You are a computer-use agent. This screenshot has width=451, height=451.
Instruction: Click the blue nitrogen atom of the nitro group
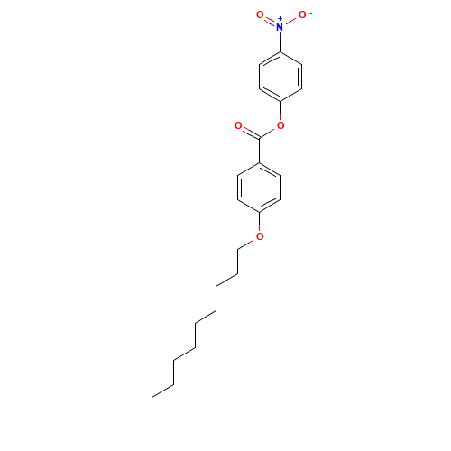(x=280, y=27)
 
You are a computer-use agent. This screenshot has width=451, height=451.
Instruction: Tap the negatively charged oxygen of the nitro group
(x=302, y=14)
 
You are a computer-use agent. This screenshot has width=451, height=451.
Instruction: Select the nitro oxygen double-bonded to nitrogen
(x=260, y=14)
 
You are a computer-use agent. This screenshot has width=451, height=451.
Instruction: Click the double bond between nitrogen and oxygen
(x=270, y=21)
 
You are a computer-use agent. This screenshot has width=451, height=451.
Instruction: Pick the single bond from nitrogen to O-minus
(x=290, y=21)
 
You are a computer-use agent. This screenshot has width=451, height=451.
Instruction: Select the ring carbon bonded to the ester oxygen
(x=280, y=101)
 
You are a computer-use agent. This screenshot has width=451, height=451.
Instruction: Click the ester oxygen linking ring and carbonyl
(x=280, y=125)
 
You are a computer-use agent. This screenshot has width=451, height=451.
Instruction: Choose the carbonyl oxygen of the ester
(x=238, y=125)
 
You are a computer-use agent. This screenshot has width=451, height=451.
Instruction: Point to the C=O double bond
(x=249, y=132)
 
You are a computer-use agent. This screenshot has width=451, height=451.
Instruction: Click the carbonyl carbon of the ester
(x=260, y=138)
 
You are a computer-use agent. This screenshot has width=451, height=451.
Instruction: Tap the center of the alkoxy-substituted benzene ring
(x=260, y=188)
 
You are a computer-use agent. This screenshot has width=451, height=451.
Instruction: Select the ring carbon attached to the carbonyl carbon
(x=260, y=162)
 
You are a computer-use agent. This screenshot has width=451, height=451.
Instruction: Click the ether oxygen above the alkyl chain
(x=260, y=236)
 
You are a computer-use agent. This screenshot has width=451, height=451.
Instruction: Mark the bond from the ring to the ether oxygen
(x=260, y=224)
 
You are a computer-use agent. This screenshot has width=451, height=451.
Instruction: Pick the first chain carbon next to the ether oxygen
(x=238, y=249)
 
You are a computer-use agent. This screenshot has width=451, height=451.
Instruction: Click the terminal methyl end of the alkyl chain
(x=153, y=395)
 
